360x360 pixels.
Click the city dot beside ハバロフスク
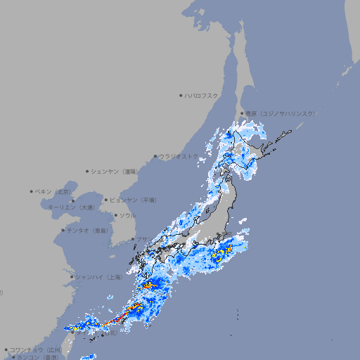click(181, 95)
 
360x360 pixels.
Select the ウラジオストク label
click(179, 157)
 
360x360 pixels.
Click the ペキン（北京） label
click(54, 191)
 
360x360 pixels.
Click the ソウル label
click(127, 215)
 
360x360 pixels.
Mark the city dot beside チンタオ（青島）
click(63, 230)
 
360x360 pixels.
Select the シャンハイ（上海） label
click(98, 277)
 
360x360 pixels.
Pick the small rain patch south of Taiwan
click(88, 356)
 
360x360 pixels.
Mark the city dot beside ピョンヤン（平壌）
click(106, 200)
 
